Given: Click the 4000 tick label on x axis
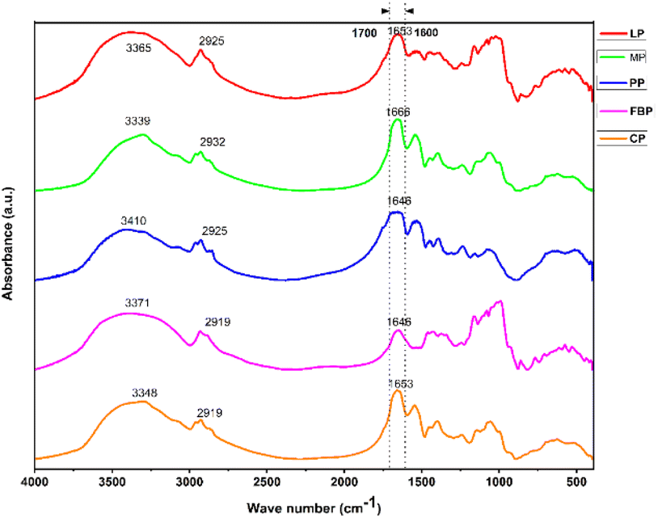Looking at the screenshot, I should click(x=35, y=481).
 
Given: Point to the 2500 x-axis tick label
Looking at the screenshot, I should click(x=267, y=481).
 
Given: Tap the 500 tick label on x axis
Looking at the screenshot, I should click(x=576, y=481).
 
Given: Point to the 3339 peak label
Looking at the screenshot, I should click(x=138, y=121).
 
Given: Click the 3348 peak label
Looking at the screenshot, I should click(x=146, y=393).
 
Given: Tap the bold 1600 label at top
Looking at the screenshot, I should click(x=426, y=32).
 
